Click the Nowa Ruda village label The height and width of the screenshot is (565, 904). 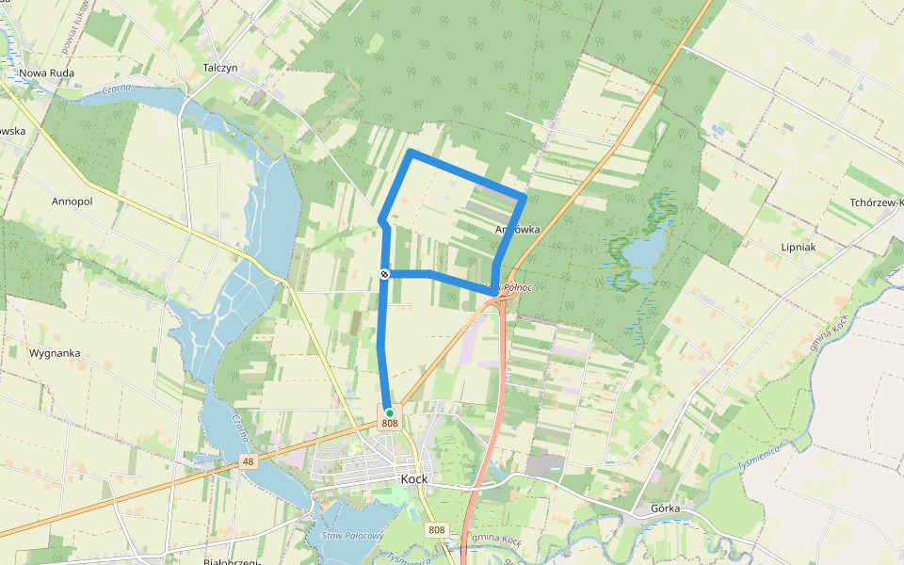point(46,73)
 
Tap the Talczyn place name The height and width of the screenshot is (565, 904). point(224,68)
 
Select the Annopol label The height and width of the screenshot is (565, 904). point(73,202)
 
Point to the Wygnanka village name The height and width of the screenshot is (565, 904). point(55,353)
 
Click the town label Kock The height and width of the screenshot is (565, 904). point(414,479)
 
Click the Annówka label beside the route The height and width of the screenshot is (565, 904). point(517,229)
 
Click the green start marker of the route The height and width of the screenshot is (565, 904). point(389,412)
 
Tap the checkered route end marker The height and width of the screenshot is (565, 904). point(385,274)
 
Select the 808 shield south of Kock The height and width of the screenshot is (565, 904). point(437,530)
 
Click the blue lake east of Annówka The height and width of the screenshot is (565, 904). point(644,252)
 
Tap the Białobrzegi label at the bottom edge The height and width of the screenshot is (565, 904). point(232,561)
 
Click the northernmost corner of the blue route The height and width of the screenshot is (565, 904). point(411,152)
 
